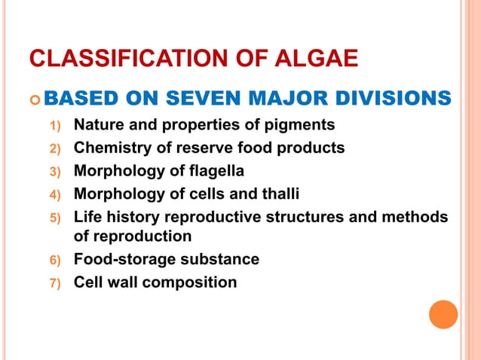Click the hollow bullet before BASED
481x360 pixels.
[32, 99]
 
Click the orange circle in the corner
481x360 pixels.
[443, 314]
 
